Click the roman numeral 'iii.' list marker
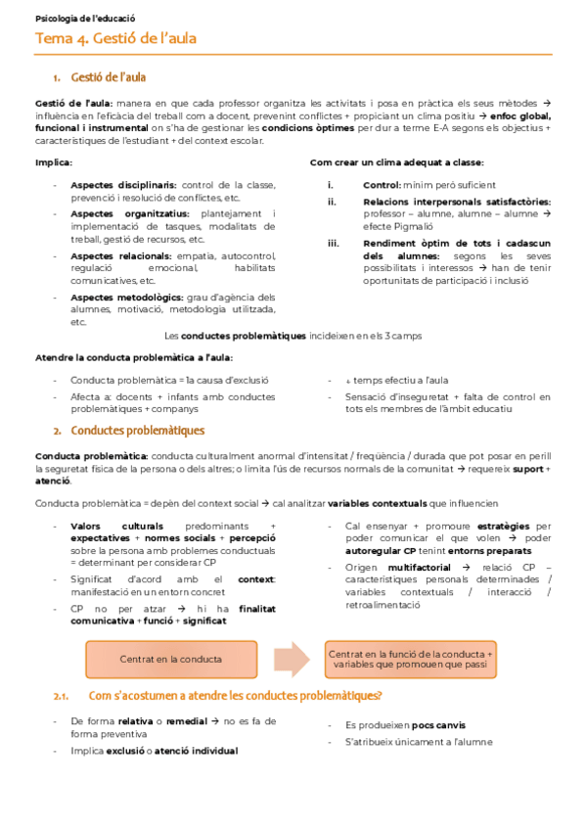coord(333,243)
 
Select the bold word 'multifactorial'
coord(419,567)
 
